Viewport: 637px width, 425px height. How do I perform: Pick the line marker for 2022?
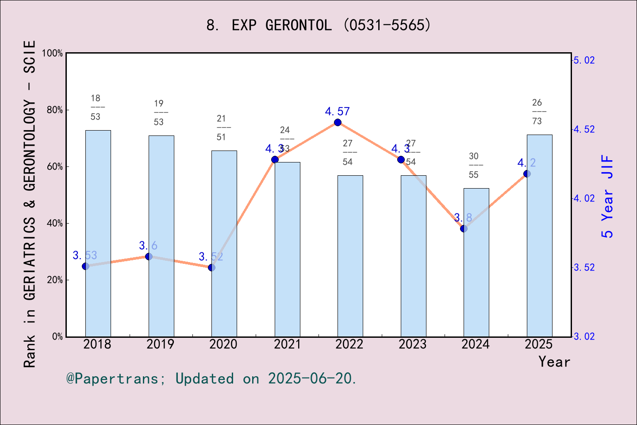(x=338, y=122)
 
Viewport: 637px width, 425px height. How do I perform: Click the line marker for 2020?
(x=211, y=267)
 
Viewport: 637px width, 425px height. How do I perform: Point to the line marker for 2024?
(x=464, y=228)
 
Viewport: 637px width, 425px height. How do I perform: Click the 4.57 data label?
(x=337, y=112)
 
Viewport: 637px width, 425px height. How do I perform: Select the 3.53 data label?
(x=84, y=255)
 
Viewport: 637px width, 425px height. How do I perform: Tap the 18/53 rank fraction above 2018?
(x=96, y=108)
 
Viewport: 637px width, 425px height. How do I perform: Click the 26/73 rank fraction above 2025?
(x=537, y=112)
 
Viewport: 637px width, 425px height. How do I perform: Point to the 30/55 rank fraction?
(x=474, y=166)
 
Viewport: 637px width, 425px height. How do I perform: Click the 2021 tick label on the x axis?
(x=287, y=344)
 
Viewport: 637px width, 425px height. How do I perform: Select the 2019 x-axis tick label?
(x=161, y=344)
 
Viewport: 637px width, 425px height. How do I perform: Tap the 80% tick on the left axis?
(x=55, y=110)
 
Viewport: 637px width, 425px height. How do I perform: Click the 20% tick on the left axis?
(x=55, y=280)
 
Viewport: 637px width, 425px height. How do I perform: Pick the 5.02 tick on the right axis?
(x=584, y=60)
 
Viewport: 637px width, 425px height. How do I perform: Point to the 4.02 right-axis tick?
(x=584, y=198)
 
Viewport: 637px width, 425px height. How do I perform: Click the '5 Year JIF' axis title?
(x=608, y=196)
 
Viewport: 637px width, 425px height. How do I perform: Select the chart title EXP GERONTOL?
(x=318, y=25)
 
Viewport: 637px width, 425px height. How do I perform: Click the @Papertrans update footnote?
(x=211, y=379)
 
